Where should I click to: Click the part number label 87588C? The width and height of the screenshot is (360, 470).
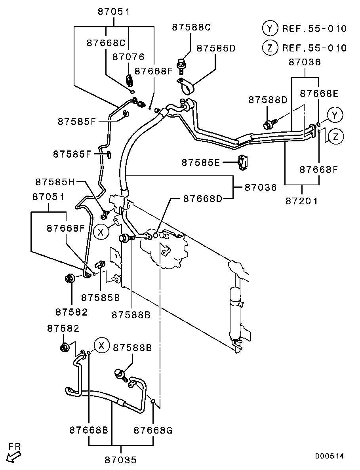tap(191, 27)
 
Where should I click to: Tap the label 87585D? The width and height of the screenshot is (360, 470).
tap(216, 48)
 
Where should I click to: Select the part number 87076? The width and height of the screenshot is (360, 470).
tap(128, 57)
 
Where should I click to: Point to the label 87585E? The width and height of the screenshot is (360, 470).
tap(200, 162)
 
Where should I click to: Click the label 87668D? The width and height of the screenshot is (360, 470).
tap(203, 199)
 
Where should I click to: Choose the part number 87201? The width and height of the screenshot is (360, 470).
tap(301, 201)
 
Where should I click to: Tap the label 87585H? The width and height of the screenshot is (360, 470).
tap(55, 182)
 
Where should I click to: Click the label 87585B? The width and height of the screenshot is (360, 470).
tap(101, 297)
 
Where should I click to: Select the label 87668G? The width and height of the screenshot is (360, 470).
tap(153, 430)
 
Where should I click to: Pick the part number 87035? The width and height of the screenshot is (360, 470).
tap(120, 460)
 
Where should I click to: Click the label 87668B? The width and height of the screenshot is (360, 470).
tap(89, 430)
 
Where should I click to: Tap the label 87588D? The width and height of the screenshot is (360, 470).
tap(268, 100)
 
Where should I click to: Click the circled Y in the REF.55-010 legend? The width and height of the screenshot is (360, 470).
tap(270, 29)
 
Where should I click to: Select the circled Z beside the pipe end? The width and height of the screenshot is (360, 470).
tap(335, 137)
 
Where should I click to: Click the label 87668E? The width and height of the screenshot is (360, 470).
tap(319, 93)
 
